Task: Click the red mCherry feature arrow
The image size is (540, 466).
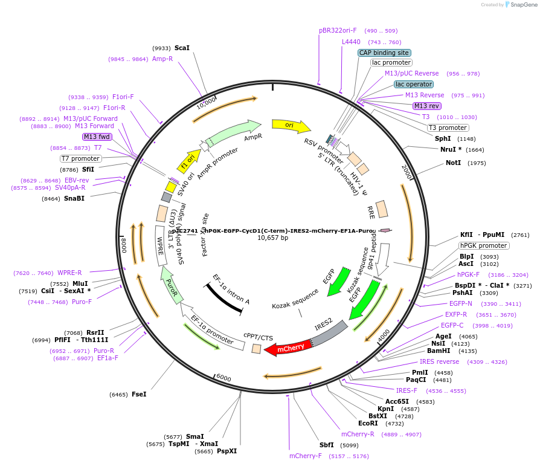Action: coord(288,348)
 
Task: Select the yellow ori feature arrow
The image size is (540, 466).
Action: coord(290,125)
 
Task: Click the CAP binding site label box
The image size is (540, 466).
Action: coord(384,53)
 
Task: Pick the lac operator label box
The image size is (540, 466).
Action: coord(413,84)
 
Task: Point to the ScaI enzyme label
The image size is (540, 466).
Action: coord(182,48)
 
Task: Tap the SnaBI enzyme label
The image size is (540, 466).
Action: coord(74,198)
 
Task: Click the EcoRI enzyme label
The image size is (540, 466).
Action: coord(376,424)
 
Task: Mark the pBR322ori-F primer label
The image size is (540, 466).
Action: coord(338,30)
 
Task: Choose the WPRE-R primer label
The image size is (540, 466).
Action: coord(69,273)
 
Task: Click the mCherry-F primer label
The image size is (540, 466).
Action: coord(306,456)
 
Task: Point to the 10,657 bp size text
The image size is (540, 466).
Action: coord(273,238)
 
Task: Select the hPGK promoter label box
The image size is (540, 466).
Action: coord(484,245)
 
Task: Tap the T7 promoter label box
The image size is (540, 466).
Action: coord(80,158)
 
